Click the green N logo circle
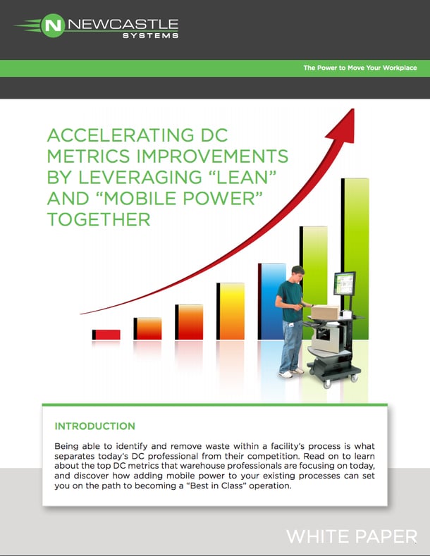pos(51,27)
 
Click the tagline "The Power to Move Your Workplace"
pos(360,68)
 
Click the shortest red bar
pos(106,334)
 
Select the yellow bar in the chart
pos(230,310)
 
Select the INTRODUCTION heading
pos(94,426)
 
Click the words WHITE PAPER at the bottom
pos(351,537)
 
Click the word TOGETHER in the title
pos(99,219)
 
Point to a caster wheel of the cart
pos(326,383)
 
